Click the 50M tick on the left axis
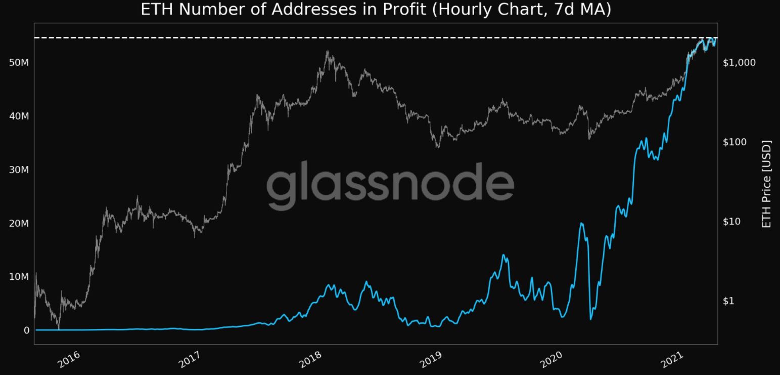pyautogui.click(x=19, y=63)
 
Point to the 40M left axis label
pyautogui.click(x=19, y=116)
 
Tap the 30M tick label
pyautogui.click(x=19, y=170)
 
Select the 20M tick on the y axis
pyautogui.click(x=19, y=223)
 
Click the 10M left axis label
pyautogui.click(x=19, y=277)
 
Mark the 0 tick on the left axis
pyautogui.click(x=26, y=330)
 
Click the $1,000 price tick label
pyautogui.click(x=739, y=63)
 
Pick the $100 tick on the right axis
pyautogui.click(x=735, y=142)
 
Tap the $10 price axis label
pyautogui.click(x=731, y=221)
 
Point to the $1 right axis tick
pyautogui.click(x=728, y=301)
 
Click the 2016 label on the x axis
pyautogui.click(x=69, y=359)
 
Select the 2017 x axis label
pyautogui.click(x=190, y=359)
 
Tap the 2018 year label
pyautogui.click(x=310, y=359)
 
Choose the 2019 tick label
pyautogui.click(x=431, y=359)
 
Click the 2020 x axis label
pyautogui.click(x=551, y=359)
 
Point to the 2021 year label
pyautogui.click(x=672, y=359)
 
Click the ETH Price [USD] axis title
pyautogui.click(x=766, y=184)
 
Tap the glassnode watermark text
pyautogui.click(x=390, y=185)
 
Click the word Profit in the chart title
pyautogui.click(x=404, y=9)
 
